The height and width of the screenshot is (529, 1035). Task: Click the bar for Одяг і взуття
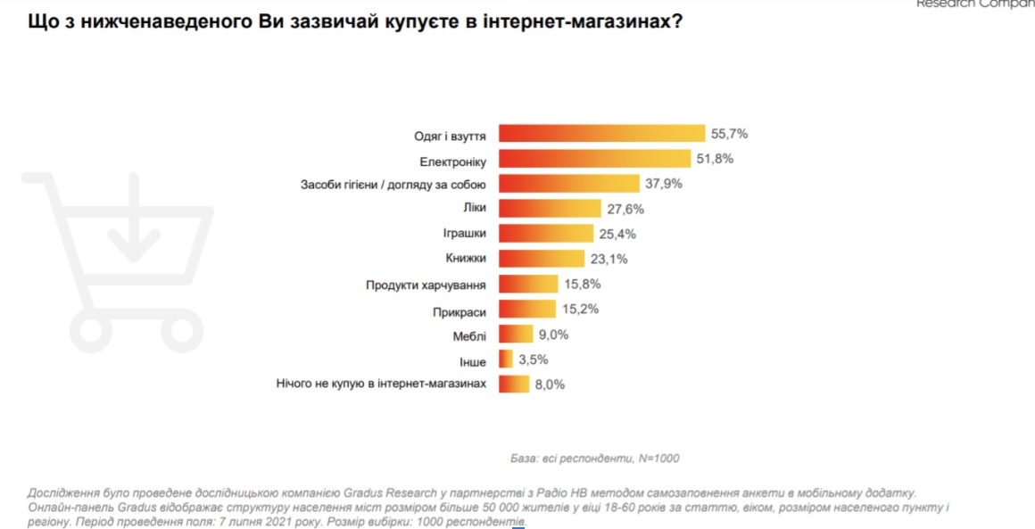601,134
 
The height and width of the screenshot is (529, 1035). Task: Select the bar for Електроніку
594,159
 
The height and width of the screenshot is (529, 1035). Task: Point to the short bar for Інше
505,360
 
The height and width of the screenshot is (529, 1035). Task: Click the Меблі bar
515,335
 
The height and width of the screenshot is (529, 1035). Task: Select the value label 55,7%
729,134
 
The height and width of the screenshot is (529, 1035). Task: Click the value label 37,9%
662,184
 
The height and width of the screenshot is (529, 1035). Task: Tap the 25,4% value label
615,234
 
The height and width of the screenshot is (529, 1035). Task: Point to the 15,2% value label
580,310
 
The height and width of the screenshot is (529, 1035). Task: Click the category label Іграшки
464,234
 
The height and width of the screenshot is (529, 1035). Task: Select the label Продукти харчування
426,285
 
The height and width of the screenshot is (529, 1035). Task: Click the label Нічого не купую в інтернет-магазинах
382,384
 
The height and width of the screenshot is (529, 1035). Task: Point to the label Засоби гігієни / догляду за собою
393,185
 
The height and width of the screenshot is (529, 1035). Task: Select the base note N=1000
658,458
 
